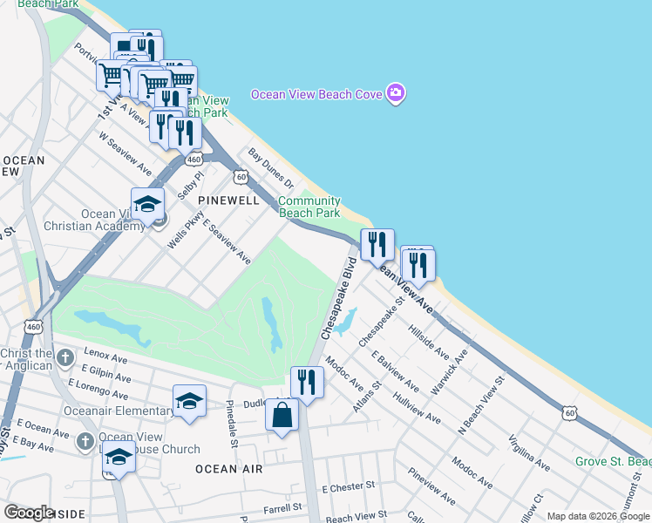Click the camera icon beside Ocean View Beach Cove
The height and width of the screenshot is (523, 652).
click(396, 93)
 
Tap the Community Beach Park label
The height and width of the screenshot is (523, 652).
click(309, 207)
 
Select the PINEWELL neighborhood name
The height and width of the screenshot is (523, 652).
click(228, 200)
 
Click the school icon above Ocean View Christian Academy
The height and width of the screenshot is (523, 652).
click(148, 204)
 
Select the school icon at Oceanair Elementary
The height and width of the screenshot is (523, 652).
click(189, 401)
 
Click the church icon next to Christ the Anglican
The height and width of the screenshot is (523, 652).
click(65, 357)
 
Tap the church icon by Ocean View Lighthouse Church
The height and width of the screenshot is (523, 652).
click(85, 441)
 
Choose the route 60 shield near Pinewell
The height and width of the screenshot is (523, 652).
click(241, 177)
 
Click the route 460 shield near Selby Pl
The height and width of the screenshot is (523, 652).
click(194, 160)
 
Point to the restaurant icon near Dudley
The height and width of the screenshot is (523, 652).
click(306, 382)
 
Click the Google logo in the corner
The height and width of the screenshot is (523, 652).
click(30, 513)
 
